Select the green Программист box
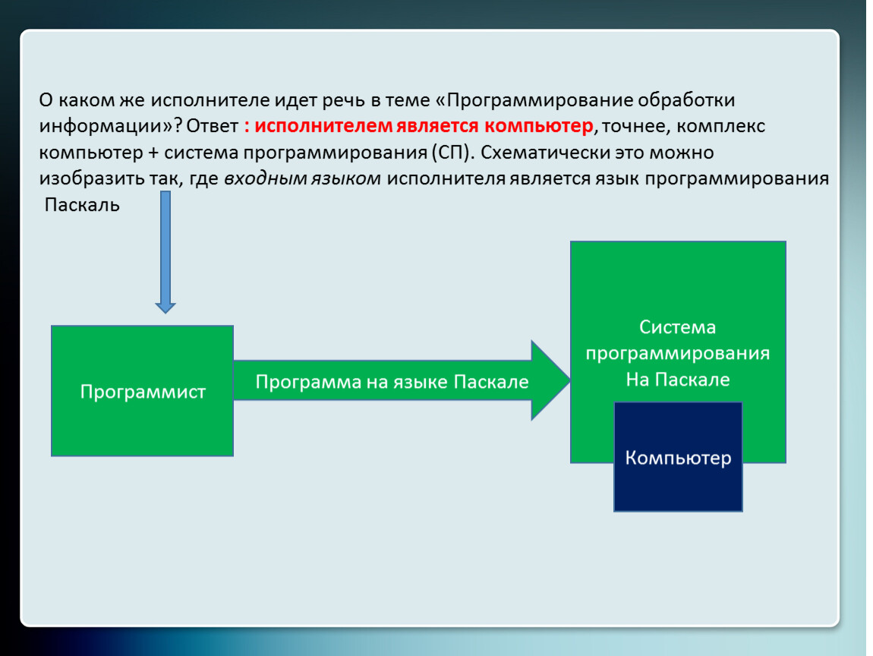(x=142, y=391)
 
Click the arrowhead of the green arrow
(x=550, y=380)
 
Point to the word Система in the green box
(x=677, y=327)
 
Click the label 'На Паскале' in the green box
(x=677, y=379)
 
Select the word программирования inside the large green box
(x=677, y=353)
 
